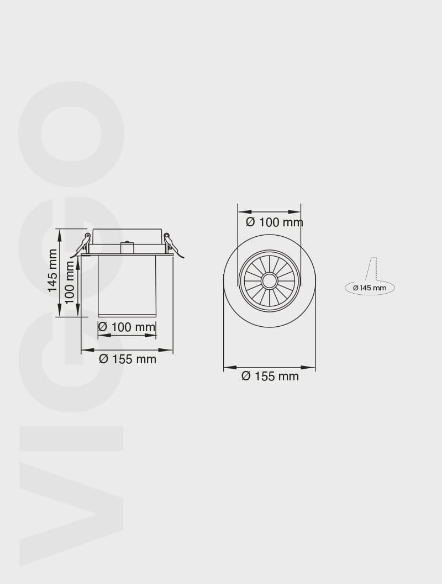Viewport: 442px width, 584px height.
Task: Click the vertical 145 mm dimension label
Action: point(52,270)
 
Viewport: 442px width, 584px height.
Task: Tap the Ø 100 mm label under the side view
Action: point(127,327)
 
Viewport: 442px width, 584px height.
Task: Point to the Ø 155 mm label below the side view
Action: point(128,359)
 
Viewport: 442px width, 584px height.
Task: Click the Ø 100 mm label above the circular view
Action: point(275,222)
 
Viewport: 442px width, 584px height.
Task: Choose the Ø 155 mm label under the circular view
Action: point(270,376)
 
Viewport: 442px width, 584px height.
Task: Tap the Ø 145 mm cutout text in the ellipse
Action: point(370,288)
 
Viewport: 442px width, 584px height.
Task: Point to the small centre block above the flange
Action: point(128,247)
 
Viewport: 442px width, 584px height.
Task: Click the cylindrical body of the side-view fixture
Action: point(127,284)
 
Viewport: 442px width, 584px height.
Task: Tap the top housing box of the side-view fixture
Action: point(127,236)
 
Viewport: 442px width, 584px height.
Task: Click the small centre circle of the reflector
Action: point(270,281)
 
